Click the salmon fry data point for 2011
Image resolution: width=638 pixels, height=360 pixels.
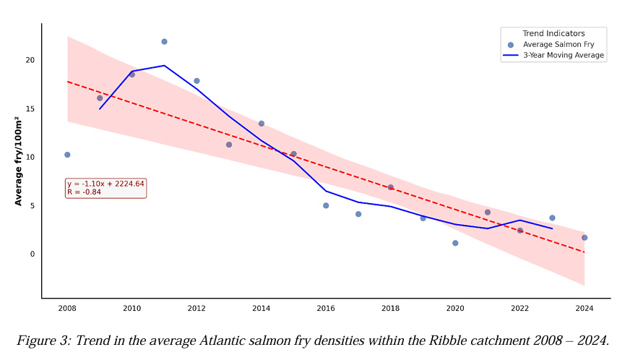click(164, 42)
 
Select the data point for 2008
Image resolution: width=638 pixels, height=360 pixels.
click(67, 155)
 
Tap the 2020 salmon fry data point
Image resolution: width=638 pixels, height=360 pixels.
click(455, 243)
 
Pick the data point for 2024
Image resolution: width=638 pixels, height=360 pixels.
click(585, 238)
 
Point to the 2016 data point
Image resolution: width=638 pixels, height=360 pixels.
click(326, 205)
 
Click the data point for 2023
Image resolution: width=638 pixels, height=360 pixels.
click(552, 218)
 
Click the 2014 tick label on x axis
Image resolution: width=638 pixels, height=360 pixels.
click(261, 308)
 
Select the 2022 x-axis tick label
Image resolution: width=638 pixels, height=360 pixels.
click(520, 308)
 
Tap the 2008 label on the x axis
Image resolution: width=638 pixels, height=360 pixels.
click(67, 308)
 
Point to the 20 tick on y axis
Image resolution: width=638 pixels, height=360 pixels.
click(30, 61)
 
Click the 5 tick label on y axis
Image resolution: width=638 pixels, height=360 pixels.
click(33, 205)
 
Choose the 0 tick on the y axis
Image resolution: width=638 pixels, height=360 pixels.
click(33, 254)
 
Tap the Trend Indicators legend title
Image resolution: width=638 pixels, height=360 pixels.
click(553, 33)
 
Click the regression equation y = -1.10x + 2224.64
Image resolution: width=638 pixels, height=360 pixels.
click(105, 184)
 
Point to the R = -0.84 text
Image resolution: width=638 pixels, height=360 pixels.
click(84, 192)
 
